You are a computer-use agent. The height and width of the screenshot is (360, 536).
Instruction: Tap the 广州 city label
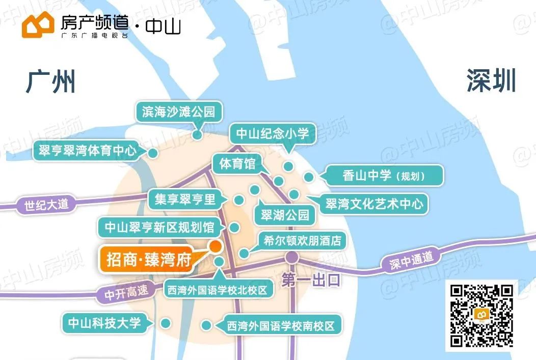(51, 81)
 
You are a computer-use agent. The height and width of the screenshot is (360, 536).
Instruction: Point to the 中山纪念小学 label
(273, 134)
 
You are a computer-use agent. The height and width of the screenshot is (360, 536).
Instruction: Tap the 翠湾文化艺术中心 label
(374, 204)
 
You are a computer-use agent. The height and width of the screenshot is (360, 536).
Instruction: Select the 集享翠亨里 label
(185, 199)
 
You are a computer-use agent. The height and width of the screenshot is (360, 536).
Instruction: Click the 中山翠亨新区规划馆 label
(159, 227)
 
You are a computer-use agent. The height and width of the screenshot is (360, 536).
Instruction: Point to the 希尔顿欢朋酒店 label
(302, 240)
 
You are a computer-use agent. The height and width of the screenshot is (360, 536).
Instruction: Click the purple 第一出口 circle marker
(292, 257)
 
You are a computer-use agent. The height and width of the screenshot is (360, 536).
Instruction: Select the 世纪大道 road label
(46, 205)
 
